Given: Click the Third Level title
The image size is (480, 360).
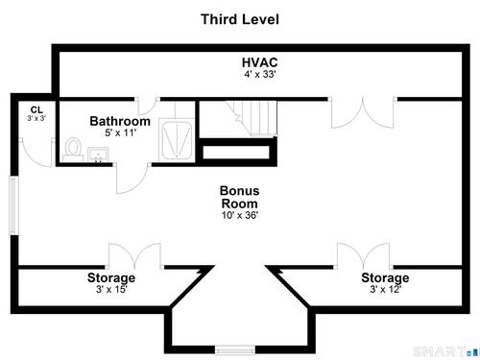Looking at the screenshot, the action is [x=240, y=19].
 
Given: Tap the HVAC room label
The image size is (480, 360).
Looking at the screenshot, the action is [x=259, y=62].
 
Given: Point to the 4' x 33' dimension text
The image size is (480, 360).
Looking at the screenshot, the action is [x=260, y=74].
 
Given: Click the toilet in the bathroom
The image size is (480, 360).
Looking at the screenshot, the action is [x=73, y=150].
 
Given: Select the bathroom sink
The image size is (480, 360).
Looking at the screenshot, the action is [x=98, y=155].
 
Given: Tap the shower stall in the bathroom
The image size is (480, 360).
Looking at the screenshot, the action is [x=177, y=140].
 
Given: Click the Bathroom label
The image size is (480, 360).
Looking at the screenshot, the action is [x=120, y=121].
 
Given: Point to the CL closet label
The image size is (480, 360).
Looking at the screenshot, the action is [x=36, y=109].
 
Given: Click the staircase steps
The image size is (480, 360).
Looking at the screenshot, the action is [x=252, y=118].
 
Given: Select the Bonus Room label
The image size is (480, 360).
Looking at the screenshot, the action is [x=239, y=197].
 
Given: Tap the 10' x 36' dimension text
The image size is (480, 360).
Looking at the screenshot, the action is [x=240, y=215].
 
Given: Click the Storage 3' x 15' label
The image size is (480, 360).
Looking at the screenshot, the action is [x=111, y=283].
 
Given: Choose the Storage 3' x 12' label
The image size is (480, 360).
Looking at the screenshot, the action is [x=385, y=283].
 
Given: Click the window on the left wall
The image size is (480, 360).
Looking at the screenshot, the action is [x=13, y=205].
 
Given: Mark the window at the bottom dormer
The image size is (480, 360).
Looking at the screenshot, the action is [x=235, y=349].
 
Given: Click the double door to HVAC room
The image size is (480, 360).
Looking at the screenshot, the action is [x=362, y=112].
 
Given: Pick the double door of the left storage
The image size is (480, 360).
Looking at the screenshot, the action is [x=134, y=256].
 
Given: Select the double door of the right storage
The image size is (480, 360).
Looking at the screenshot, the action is [x=363, y=256].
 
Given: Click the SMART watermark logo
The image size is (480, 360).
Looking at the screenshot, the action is [x=445, y=352].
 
